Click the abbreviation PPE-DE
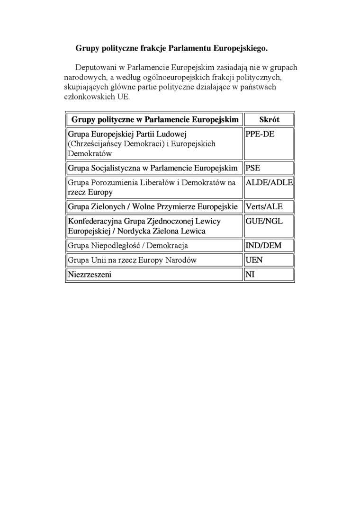260,134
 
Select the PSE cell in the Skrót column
253,168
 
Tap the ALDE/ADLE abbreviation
270,183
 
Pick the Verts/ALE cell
264,207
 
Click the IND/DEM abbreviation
263,246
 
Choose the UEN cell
254,260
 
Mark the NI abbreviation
250,274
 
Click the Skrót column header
269,120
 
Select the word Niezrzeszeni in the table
90,274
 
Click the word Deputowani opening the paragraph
98,68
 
